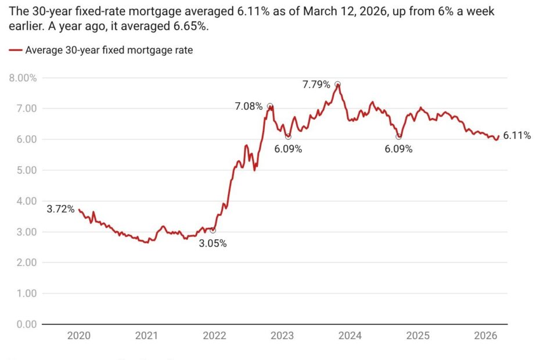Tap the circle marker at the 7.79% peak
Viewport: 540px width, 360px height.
tap(337, 84)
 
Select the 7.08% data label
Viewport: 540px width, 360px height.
tap(249, 106)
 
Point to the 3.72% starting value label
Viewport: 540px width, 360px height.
tap(60, 209)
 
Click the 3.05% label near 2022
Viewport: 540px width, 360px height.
tap(213, 243)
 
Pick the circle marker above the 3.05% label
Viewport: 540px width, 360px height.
tap(213, 231)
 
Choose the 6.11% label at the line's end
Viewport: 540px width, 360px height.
tap(517, 136)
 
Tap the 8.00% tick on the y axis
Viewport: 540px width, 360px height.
tap(23, 78)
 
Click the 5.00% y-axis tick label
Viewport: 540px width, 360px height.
tap(23, 170)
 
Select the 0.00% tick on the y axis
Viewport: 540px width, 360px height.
tap(23, 324)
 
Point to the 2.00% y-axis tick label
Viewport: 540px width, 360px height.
tap(23, 262)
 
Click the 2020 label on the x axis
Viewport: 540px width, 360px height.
tap(78, 336)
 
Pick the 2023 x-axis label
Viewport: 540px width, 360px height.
tap(282, 336)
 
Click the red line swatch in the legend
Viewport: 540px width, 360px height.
tap(16, 51)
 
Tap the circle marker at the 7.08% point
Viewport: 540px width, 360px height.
tap(270, 106)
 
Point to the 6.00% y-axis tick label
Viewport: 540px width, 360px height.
tap(23, 139)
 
